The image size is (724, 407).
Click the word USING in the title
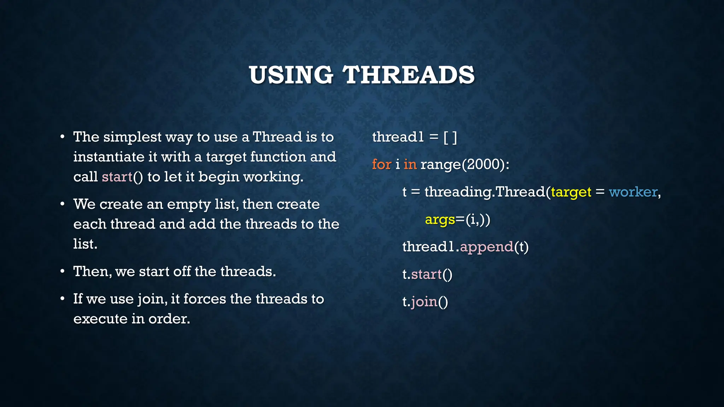coord(291,75)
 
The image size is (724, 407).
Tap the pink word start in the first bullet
coord(117,177)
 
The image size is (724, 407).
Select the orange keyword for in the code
coord(381,164)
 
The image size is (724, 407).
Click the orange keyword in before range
coord(410,164)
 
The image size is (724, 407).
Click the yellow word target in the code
coord(571,192)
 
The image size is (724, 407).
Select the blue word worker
coord(633,192)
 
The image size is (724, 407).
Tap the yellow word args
coord(440,220)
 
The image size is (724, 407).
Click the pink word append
coord(486,247)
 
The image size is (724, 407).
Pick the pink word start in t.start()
coord(426,274)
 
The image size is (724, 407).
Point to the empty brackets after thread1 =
coord(450,137)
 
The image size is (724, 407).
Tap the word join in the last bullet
coord(151,299)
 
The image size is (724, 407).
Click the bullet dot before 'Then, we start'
coord(62,271)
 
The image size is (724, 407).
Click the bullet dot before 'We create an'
coord(62,204)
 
